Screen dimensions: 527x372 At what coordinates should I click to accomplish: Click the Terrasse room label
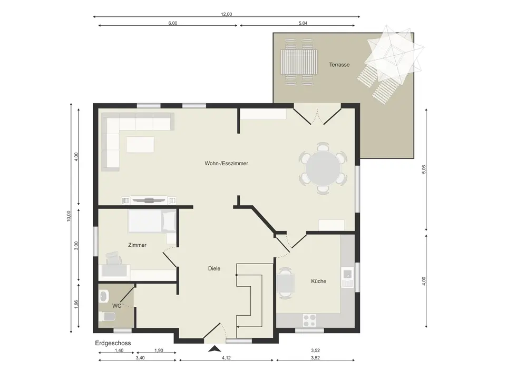click(339, 65)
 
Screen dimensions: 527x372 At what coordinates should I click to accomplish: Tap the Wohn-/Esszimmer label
click(226, 163)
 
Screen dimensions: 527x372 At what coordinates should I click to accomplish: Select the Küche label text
click(319, 281)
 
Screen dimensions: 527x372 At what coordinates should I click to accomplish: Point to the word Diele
click(214, 268)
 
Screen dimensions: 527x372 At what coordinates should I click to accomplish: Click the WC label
click(116, 306)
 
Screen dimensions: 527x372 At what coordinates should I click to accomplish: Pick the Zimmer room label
click(137, 245)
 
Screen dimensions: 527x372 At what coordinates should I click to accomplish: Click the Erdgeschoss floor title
click(113, 343)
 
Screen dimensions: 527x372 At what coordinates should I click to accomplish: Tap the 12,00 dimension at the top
click(227, 14)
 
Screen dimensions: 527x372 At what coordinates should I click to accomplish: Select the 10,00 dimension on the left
click(69, 216)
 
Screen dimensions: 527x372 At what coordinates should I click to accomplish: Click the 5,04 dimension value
click(303, 23)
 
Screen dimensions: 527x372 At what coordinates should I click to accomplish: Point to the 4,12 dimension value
click(226, 358)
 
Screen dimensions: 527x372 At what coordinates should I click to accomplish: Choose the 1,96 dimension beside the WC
click(76, 305)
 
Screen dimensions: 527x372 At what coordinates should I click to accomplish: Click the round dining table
click(323, 168)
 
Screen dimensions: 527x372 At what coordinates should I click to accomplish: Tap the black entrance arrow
click(214, 349)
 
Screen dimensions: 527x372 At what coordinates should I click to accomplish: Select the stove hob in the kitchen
click(309, 320)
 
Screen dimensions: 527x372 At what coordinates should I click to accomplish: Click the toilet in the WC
click(107, 316)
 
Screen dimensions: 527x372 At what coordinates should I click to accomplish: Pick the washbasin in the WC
click(104, 296)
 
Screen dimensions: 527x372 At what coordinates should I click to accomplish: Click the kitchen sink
click(347, 277)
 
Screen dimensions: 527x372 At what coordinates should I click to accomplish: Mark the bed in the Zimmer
click(152, 222)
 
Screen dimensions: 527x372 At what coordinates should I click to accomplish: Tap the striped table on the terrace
click(299, 63)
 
